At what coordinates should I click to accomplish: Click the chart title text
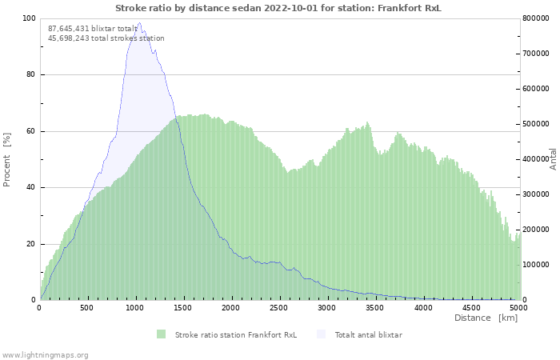(x=278, y=8)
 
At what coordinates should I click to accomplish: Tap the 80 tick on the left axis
(x=31, y=74)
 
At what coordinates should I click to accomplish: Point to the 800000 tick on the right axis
(x=536, y=18)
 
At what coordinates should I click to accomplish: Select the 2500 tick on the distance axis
(x=278, y=307)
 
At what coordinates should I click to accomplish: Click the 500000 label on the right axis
(x=536, y=124)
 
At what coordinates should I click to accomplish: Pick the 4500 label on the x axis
(x=471, y=307)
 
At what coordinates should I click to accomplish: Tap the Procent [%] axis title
(x=6, y=159)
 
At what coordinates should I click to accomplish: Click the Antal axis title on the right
(x=553, y=159)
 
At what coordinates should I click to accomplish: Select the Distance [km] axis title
(x=486, y=318)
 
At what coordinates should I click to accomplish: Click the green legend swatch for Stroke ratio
(x=162, y=334)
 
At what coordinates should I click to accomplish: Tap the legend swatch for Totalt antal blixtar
(x=322, y=334)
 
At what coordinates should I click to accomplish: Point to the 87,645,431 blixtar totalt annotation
(x=93, y=29)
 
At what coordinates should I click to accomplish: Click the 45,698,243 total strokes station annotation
(x=106, y=38)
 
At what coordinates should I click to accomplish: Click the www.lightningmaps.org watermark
(x=44, y=355)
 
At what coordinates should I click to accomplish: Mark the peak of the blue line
(x=139, y=22)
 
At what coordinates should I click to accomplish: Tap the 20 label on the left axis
(x=31, y=244)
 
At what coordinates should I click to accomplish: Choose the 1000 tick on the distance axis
(x=134, y=307)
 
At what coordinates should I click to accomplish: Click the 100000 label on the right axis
(x=536, y=265)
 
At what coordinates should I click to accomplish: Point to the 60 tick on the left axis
(x=31, y=131)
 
